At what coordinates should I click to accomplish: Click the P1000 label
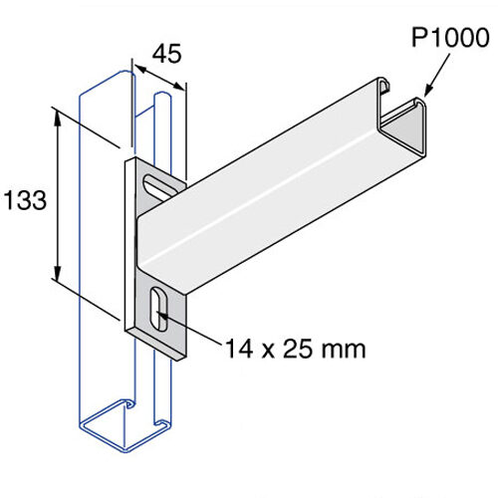450,39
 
